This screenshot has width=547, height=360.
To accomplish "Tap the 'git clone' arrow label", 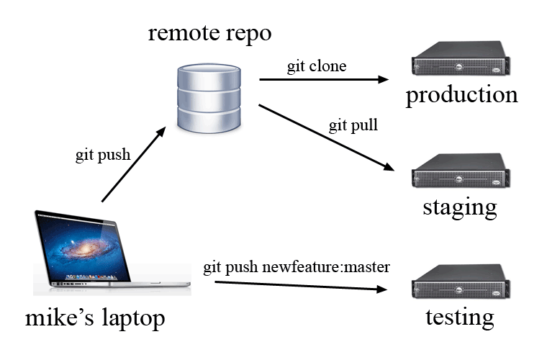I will pyautogui.click(x=316, y=67).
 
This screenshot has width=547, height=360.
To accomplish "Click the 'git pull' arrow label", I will pyautogui.click(x=353, y=126).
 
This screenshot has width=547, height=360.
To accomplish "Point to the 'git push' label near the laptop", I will pyautogui.click(x=103, y=156).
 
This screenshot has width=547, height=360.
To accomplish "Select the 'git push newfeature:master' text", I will pyautogui.click(x=297, y=268).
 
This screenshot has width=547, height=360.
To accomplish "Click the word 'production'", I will pyautogui.click(x=461, y=96).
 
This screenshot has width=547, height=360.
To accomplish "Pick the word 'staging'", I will pyautogui.click(x=460, y=208).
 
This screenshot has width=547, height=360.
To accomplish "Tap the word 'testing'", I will pyautogui.click(x=460, y=317).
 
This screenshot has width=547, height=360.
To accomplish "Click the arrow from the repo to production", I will pyautogui.click(x=323, y=79).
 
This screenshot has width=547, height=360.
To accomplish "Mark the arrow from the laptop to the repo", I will pyautogui.click(x=137, y=170).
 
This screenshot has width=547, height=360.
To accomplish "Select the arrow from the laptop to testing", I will pyautogui.click(x=302, y=286).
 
